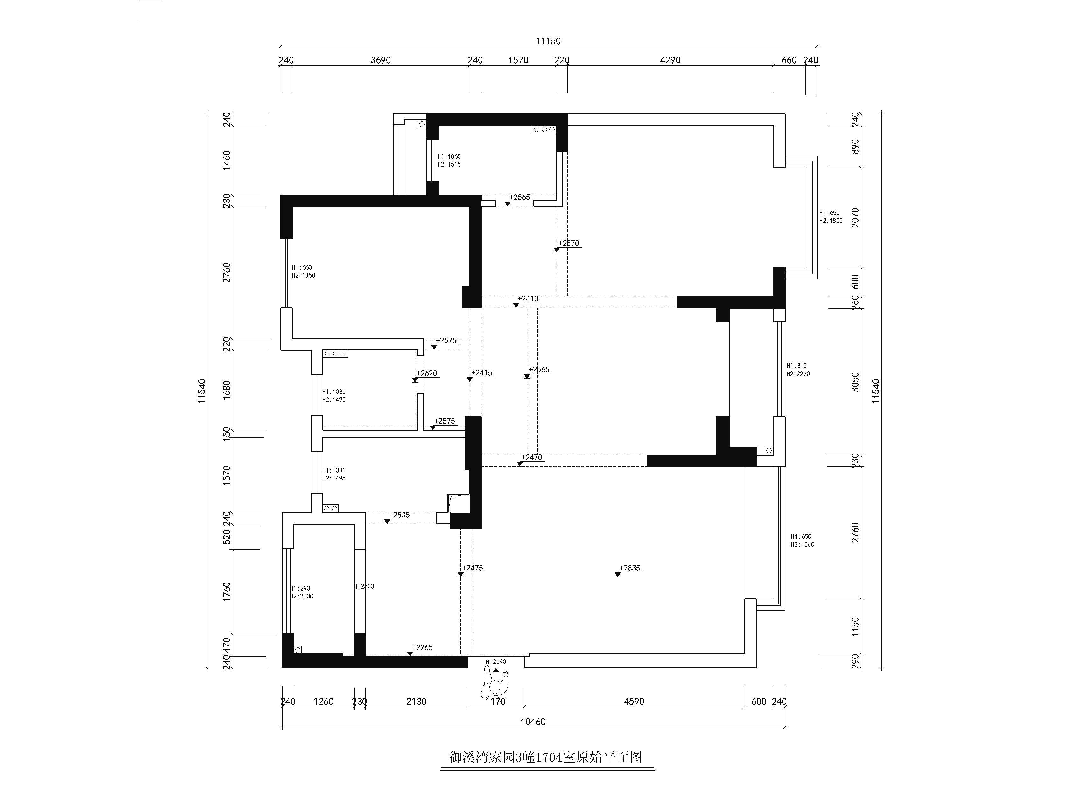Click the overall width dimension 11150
click(548, 41)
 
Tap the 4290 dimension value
click(670, 60)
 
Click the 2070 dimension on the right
click(855, 218)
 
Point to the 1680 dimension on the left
click(227, 390)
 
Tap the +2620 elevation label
click(427, 373)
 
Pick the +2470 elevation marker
click(531, 457)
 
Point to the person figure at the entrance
click(495, 685)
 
